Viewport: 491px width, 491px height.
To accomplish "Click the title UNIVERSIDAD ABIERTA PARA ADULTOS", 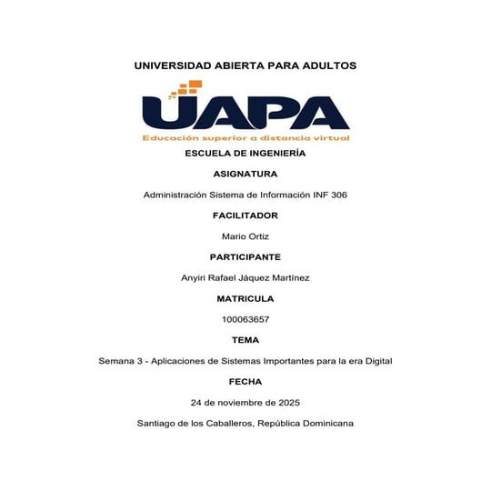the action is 245,65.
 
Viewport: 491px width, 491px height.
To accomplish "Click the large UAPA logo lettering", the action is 245,113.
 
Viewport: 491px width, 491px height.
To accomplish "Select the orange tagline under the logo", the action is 245,138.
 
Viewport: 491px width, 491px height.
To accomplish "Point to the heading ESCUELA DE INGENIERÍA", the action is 245,154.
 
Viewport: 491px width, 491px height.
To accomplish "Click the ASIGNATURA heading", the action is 245,174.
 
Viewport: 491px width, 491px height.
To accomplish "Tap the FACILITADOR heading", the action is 245,215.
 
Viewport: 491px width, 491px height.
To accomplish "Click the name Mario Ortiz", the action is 245,236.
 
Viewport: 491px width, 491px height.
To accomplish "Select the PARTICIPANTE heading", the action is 245,257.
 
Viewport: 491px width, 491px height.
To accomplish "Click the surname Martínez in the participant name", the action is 288,278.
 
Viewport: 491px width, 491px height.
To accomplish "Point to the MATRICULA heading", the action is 245,298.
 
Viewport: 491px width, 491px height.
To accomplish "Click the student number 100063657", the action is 245,319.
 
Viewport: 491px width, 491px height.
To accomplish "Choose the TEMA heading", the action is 245,340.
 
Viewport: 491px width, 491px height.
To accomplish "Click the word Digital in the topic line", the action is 376,361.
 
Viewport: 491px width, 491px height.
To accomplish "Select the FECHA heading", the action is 245,382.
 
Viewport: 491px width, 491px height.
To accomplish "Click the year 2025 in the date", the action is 286,402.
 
